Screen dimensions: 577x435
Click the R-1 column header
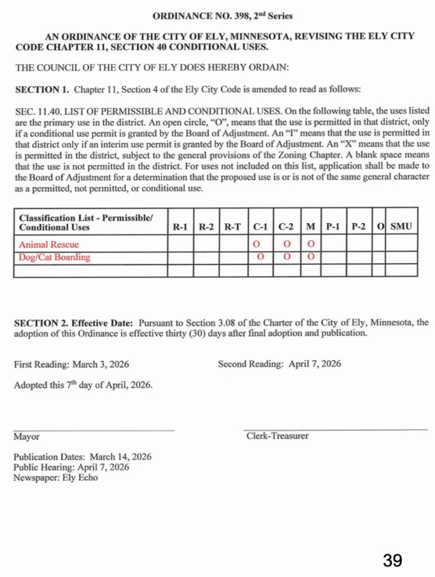click(x=180, y=227)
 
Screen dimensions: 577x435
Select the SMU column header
click(x=401, y=227)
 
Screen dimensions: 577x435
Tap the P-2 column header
click(x=358, y=227)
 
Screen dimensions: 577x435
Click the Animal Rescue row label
click(x=49, y=245)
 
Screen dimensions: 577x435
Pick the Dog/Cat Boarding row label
click(x=54, y=258)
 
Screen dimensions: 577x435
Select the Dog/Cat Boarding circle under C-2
click(x=287, y=258)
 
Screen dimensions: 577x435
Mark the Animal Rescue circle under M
click(x=310, y=245)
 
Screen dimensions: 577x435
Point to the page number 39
click(x=393, y=560)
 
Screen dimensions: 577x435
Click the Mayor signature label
click(x=27, y=437)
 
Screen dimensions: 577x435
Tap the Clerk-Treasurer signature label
click(x=278, y=436)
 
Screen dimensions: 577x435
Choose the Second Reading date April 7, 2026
click(x=314, y=364)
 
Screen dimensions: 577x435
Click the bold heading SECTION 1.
click(x=42, y=90)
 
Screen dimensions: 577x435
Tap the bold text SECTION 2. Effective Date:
click(x=73, y=323)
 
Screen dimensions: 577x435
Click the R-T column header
click(x=232, y=227)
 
